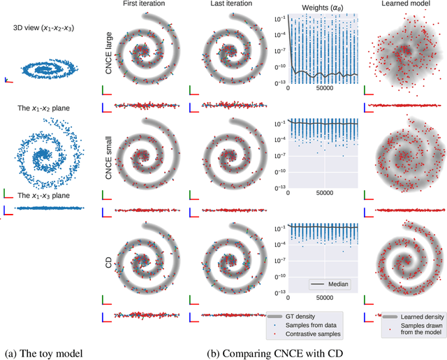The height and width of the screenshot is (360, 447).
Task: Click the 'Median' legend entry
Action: (335, 285)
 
